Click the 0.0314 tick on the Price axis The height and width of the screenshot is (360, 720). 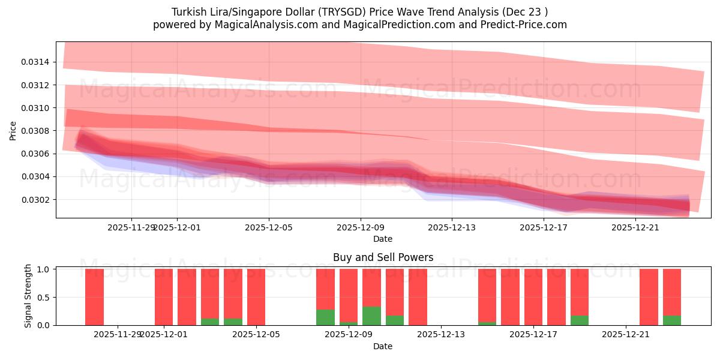point(37,62)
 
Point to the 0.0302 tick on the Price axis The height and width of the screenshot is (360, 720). point(37,200)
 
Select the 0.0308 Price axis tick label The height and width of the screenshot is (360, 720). point(37,131)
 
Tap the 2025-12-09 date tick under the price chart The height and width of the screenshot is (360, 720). point(361,227)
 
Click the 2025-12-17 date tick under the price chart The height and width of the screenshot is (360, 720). point(544,227)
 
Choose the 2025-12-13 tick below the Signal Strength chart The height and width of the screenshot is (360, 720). point(441,334)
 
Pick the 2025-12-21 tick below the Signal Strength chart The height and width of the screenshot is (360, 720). point(626,334)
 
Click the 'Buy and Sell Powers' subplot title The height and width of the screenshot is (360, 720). point(383,258)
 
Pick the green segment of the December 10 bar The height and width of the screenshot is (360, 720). point(371,316)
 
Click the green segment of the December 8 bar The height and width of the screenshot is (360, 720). point(325,317)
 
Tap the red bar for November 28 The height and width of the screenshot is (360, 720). point(94,297)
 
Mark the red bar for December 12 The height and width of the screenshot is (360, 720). point(418,297)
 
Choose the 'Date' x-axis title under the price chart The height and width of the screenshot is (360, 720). point(383,239)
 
